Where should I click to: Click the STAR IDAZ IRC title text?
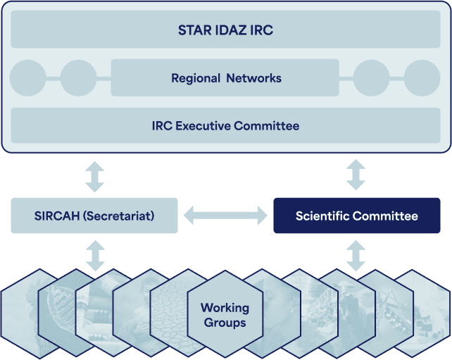click(225, 30)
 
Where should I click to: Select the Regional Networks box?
click(225, 77)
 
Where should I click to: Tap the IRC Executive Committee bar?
click(225, 125)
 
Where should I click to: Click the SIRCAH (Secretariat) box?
click(94, 216)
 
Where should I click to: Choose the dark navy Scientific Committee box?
click(357, 216)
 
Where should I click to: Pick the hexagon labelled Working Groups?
click(225, 314)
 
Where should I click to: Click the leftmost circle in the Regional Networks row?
click(27, 78)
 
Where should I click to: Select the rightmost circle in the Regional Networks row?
click(422, 78)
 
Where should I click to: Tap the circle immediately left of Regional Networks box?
click(78, 78)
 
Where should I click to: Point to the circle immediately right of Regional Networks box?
click(372, 78)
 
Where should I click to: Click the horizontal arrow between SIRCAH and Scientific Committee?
click(225, 215)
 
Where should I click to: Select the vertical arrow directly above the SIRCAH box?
click(94, 177)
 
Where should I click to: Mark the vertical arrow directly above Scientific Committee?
click(356, 175)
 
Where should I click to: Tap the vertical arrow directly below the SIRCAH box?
click(96, 256)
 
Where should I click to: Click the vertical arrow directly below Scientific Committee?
click(356, 256)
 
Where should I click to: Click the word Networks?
click(253, 78)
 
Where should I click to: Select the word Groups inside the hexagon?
click(225, 323)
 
